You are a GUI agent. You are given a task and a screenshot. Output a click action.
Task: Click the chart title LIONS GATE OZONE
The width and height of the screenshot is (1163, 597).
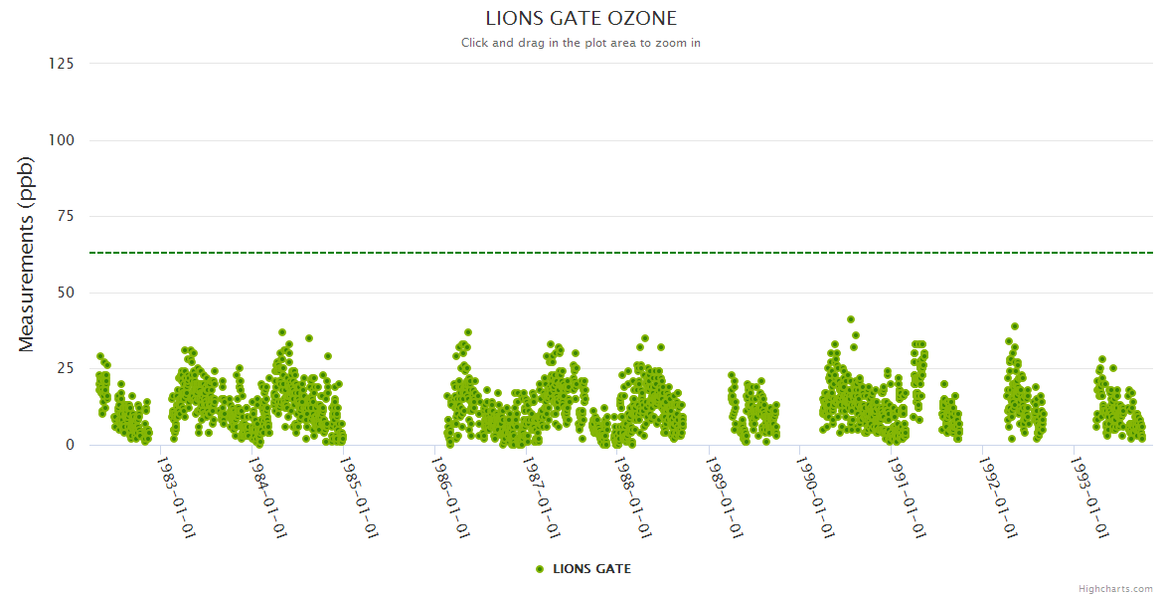(581, 18)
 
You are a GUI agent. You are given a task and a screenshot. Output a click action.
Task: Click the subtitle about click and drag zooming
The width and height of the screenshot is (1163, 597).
(581, 43)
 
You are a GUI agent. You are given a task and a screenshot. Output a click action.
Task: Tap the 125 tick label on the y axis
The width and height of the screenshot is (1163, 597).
(62, 64)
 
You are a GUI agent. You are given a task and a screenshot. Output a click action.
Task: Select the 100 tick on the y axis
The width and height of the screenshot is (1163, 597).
(62, 140)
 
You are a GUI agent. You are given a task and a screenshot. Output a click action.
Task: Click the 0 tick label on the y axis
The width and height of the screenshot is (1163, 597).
(70, 445)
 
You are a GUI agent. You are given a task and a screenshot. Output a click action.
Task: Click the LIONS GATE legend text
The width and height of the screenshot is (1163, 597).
(591, 569)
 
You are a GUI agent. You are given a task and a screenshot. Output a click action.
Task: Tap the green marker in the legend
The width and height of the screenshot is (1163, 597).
(540, 569)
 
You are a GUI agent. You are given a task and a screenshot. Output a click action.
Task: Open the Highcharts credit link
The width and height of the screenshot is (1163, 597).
(1115, 589)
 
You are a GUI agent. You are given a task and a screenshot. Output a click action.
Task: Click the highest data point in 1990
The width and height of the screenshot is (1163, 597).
(851, 319)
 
